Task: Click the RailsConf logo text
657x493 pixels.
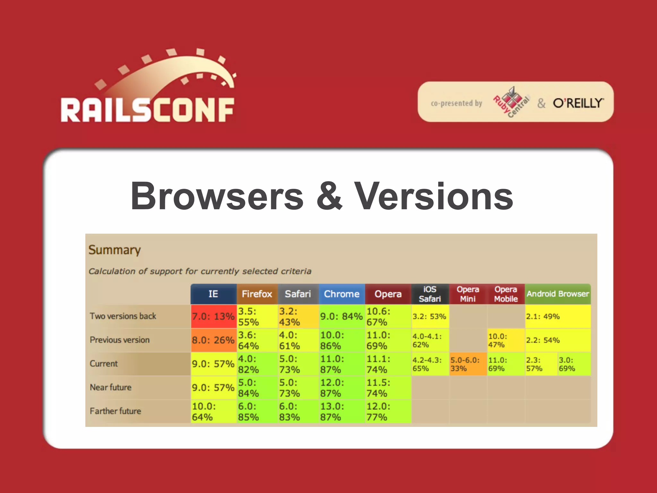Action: pos(148,110)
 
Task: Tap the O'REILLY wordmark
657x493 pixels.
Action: pos(578,103)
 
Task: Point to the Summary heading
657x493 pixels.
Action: pos(115,250)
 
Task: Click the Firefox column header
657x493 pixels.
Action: pos(257,294)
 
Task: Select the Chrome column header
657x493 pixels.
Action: pos(342,294)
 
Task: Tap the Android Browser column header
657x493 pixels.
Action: pos(558,294)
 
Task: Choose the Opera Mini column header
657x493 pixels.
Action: pos(468,294)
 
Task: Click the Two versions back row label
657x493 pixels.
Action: pos(123,316)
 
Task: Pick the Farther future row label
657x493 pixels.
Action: pos(115,411)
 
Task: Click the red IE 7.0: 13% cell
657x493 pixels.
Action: pos(213,316)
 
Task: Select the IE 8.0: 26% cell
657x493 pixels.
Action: pos(213,340)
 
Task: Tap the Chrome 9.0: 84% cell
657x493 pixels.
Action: pos(342,316)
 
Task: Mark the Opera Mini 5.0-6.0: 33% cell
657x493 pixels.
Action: pos(468,364)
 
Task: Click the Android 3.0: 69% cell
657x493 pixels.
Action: pos(574,364)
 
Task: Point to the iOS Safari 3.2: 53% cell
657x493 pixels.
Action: pos(430,316)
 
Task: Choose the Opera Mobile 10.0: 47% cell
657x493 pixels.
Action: pos(506,340)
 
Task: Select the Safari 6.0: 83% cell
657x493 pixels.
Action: pos(298,411)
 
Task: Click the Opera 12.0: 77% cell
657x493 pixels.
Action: pos(388,411)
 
